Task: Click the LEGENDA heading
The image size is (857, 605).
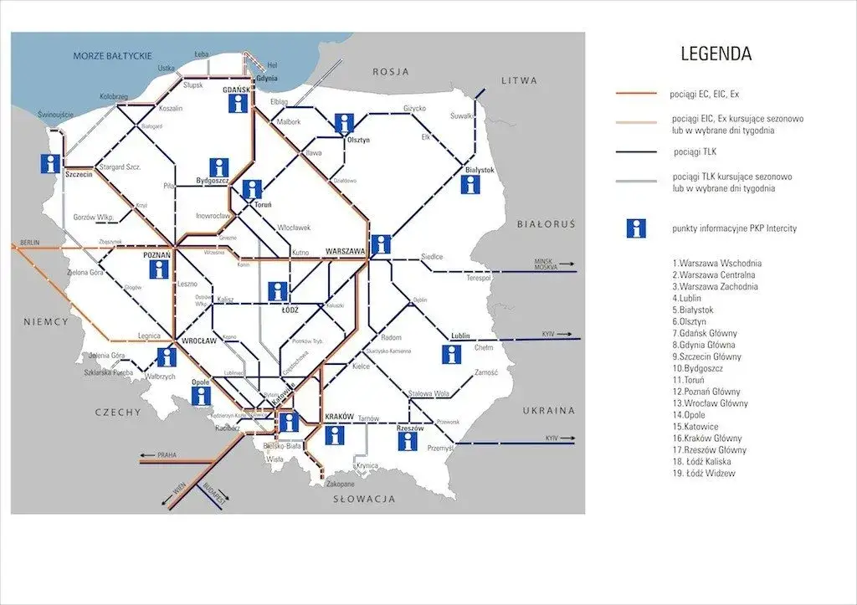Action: tap(716, 54)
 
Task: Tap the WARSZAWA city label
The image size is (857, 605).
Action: tap(345, 251)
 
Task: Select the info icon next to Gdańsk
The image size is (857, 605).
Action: tap(239, 103)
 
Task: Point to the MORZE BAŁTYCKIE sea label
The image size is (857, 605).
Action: tap(112, 55)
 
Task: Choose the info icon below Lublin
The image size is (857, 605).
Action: tap(453, 354)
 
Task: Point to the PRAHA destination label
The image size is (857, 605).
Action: tap(167, 455)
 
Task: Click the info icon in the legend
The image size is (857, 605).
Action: tap(637, 228)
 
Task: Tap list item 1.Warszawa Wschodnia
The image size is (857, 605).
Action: tap(717, 264)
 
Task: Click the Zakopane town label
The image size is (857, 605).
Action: tap(341, 484)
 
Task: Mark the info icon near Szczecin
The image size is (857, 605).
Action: tap(52, 164)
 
